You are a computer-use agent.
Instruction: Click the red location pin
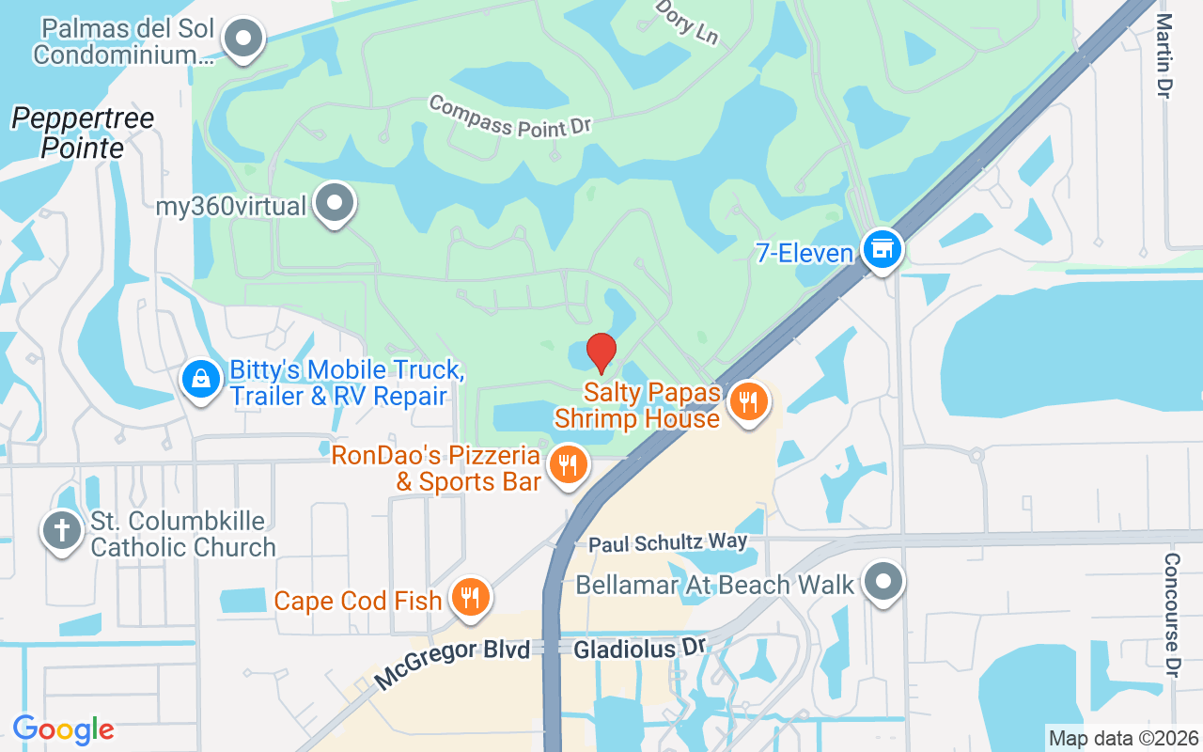(601, 353)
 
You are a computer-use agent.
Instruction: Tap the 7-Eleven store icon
(882, 250)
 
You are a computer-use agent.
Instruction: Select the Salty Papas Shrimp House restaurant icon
(748, 403)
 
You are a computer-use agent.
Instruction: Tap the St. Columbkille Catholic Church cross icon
(62, 531)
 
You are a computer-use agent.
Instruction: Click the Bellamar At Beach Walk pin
(883, 582)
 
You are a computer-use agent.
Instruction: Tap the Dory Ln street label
(687, 22)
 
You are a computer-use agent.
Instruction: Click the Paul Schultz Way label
(667, 542)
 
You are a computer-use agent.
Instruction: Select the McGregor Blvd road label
(452, 664)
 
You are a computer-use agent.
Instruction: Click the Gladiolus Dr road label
(639, 649)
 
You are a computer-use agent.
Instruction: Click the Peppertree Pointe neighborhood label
(83, 133)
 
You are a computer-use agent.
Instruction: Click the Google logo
(63, 728)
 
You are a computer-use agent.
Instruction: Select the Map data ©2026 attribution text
(1123, 738)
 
